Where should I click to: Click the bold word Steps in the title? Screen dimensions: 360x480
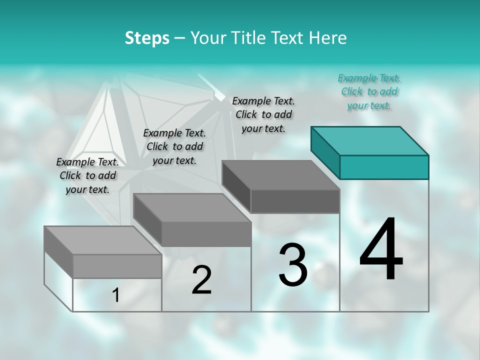tap(147, 38)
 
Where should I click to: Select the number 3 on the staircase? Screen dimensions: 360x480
tap(293, 265)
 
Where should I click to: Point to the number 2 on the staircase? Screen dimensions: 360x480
tap(202, 280)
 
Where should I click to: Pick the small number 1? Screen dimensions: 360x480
tap(116, 295)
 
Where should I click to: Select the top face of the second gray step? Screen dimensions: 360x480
tap(192, 207)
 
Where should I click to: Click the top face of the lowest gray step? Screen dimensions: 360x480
tap(103, 240)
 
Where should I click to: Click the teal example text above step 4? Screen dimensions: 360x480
tap(369, 91)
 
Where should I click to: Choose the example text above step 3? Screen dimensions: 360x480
tap(263, 114)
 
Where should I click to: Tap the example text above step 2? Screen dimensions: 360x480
tap(174, 146)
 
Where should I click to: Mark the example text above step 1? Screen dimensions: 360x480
tap(87, 175)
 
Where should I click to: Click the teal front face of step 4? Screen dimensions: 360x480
tap(384, 167)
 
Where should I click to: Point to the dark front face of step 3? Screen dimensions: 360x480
tap(295, 201)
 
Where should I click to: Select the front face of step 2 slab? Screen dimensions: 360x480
tap(206, 234)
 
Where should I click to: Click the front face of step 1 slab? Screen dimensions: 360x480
tap(117, 266)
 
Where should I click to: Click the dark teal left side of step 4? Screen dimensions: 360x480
tap(325, 152)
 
